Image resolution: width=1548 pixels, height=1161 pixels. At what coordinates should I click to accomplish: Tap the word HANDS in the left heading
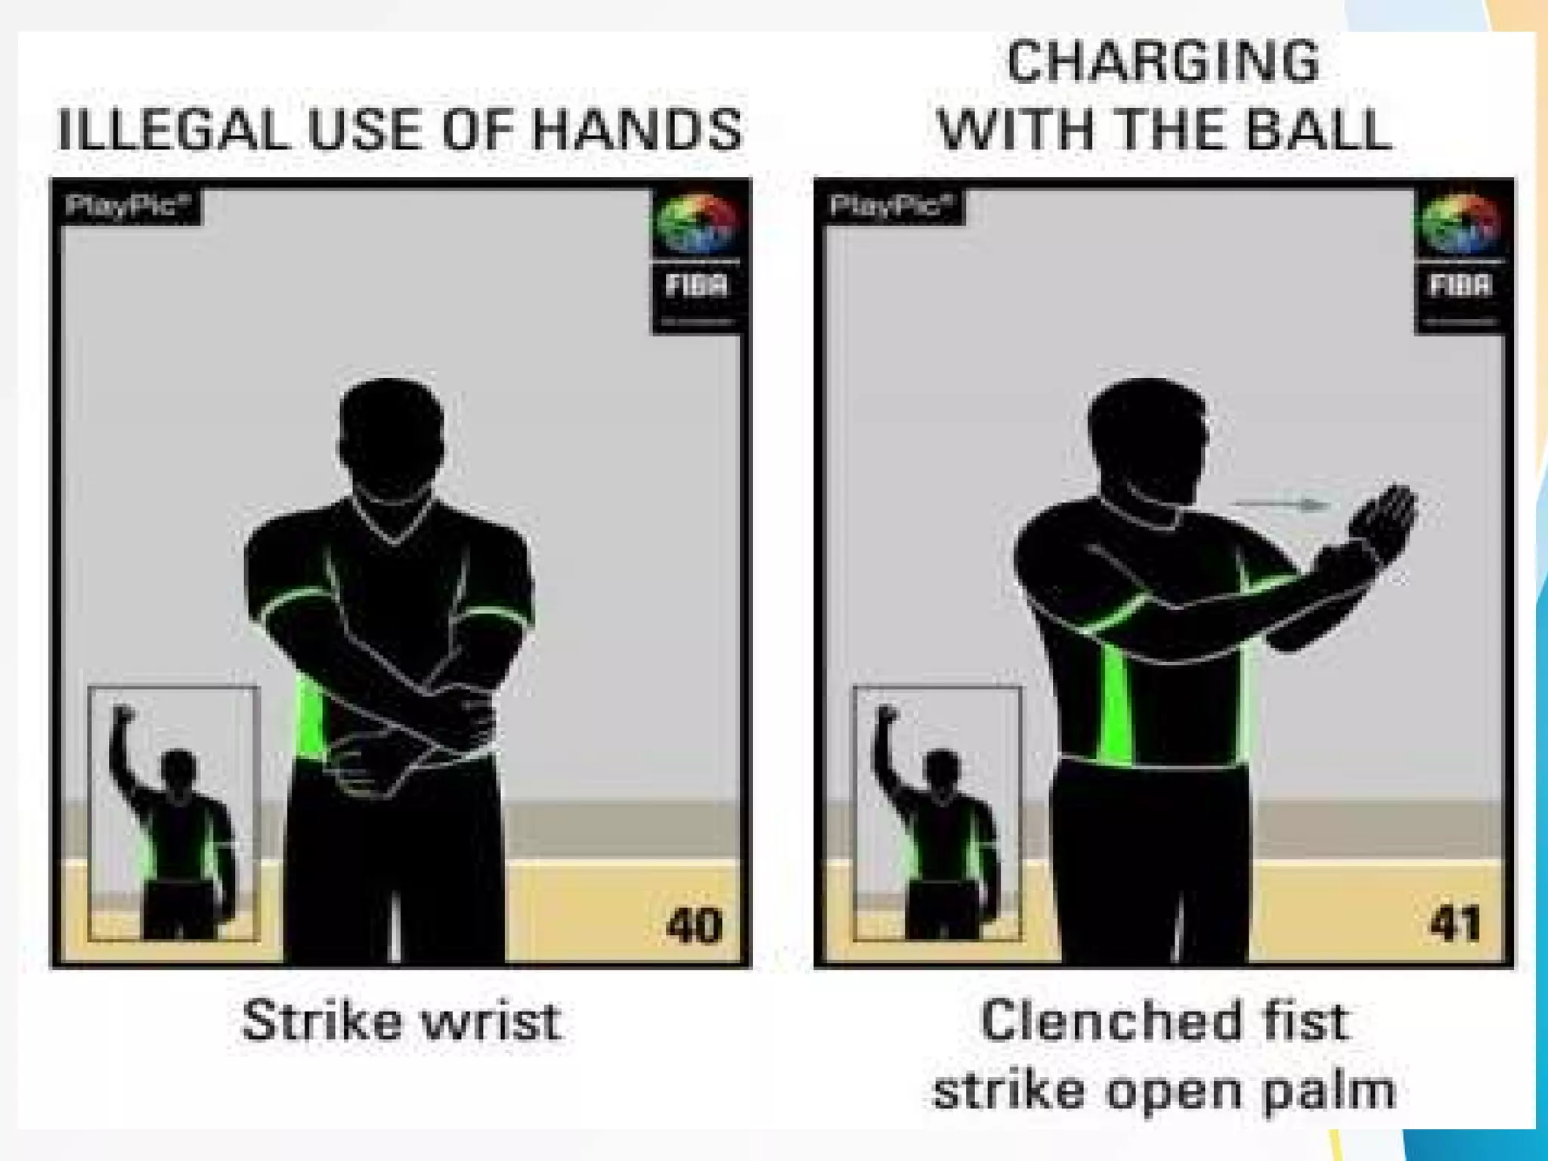pyautogui.click(x=637, y=129)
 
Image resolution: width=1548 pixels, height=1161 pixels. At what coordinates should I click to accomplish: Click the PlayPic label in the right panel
pyautogui.click(x=890, y=206)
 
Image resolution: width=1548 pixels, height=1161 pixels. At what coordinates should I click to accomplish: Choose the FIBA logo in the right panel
pyautogui.click(x=1460, y=257)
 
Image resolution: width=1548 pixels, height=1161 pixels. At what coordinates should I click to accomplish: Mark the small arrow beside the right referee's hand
pyautogui.click(x=1280, y=504)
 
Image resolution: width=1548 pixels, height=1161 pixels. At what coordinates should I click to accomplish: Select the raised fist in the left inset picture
pyautogui.click(x=123, y=714)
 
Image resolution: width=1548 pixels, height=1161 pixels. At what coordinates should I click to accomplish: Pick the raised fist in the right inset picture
pyautogui.click(x=887, y=714)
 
